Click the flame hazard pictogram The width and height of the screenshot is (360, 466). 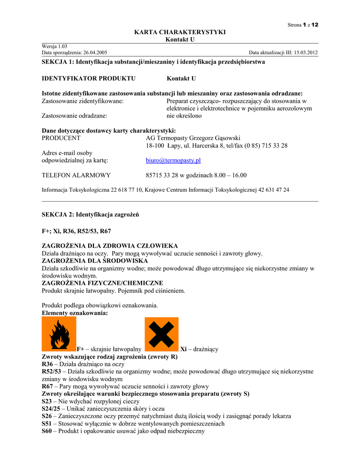59,334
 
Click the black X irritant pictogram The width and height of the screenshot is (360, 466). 162,334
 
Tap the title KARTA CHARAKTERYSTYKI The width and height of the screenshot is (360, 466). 180,32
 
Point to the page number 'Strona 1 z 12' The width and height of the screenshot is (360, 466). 303,25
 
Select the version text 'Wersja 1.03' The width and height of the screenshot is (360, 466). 55,46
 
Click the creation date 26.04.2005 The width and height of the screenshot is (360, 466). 95,53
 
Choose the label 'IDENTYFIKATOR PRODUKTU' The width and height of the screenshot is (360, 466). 89,78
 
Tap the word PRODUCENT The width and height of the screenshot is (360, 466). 61,138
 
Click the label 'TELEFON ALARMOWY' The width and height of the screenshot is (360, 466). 76,175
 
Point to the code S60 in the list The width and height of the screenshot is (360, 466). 47,431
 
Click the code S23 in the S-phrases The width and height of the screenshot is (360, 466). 47,401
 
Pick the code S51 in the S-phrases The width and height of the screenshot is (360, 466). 47,423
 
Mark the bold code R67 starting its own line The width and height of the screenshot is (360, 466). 47,386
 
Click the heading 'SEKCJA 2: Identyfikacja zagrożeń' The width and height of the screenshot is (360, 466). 90,214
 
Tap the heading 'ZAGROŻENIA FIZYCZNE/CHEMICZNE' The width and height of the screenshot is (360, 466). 102,283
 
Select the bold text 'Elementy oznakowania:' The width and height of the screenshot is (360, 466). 75,313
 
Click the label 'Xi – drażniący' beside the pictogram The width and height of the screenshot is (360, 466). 199,349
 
